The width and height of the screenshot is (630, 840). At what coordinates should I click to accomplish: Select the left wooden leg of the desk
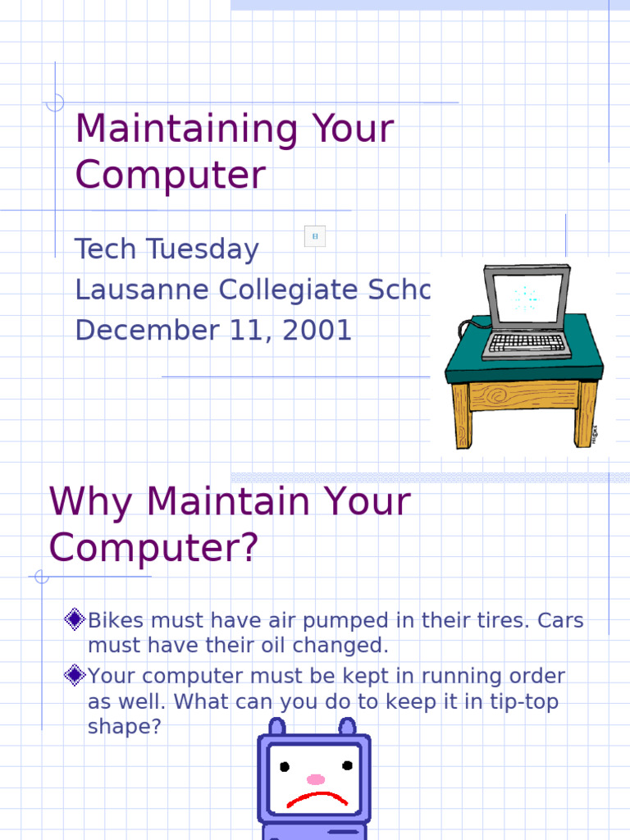(462, 414)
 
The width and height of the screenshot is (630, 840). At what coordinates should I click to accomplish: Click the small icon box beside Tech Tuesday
(315, 236)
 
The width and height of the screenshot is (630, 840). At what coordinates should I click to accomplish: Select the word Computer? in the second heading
(153, 547)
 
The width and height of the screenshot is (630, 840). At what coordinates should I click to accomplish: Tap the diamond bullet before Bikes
(75, 619)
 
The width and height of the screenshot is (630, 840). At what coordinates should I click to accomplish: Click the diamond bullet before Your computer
(75, 675)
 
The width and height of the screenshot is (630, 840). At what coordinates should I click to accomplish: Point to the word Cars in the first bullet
(560, 620)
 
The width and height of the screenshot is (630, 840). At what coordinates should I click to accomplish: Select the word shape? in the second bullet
(125, 727)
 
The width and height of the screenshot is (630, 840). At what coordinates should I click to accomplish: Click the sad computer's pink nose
(315, 779)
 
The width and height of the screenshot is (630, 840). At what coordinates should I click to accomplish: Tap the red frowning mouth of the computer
(317, 797)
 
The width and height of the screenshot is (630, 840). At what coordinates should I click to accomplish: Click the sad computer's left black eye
(285, 767)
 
